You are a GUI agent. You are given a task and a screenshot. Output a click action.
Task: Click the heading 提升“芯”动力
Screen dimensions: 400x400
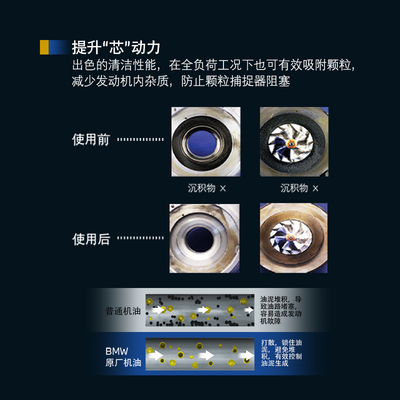pyautogui.click(x=116, y=47)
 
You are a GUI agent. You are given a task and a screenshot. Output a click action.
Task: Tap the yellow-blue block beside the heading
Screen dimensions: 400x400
pyautogui.click(x=54, y=47)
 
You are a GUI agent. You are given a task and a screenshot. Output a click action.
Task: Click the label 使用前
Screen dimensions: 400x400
pyautogui.click(x=91, y=139)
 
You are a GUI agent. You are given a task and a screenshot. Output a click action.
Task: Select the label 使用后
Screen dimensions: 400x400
pyautogui.click(x=91, y=239)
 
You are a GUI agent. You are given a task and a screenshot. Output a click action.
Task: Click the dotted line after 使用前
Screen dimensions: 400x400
pyautogui.click(x=140, y=139)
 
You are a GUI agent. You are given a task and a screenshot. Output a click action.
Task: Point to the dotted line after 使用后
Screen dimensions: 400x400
pyautogui.click(x=140, y=238)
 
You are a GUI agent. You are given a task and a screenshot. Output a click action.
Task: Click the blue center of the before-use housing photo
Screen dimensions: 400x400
pyautogui.click(x=205, y=141)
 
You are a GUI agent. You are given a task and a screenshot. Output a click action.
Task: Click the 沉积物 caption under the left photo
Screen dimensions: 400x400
pyautogui.click(x=206, y=188)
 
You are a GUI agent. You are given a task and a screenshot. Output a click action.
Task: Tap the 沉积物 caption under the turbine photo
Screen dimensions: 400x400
pyautogui.click(x=299, y=188)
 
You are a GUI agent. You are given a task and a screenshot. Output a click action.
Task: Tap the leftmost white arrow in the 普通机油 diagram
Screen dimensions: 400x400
pyautogui.click(x=159, y=310)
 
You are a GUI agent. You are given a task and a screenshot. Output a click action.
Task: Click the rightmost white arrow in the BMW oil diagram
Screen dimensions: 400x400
pyautogui.click(x=245, y=355)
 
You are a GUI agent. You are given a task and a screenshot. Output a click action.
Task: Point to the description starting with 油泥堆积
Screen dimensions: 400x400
pyautogui.click(x=280, y=310)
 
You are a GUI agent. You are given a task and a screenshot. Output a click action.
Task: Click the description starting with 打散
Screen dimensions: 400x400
pyautogui.click(x=281, y=353)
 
